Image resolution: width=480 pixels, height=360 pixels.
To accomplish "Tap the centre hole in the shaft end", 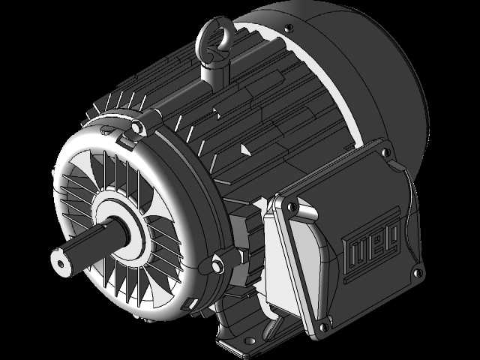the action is point(61,263).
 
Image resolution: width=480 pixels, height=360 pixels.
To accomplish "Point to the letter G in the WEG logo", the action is point(393,232).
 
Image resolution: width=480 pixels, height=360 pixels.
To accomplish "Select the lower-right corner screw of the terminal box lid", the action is point(417,272).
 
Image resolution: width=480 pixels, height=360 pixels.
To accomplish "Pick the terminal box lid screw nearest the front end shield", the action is point(292,207).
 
